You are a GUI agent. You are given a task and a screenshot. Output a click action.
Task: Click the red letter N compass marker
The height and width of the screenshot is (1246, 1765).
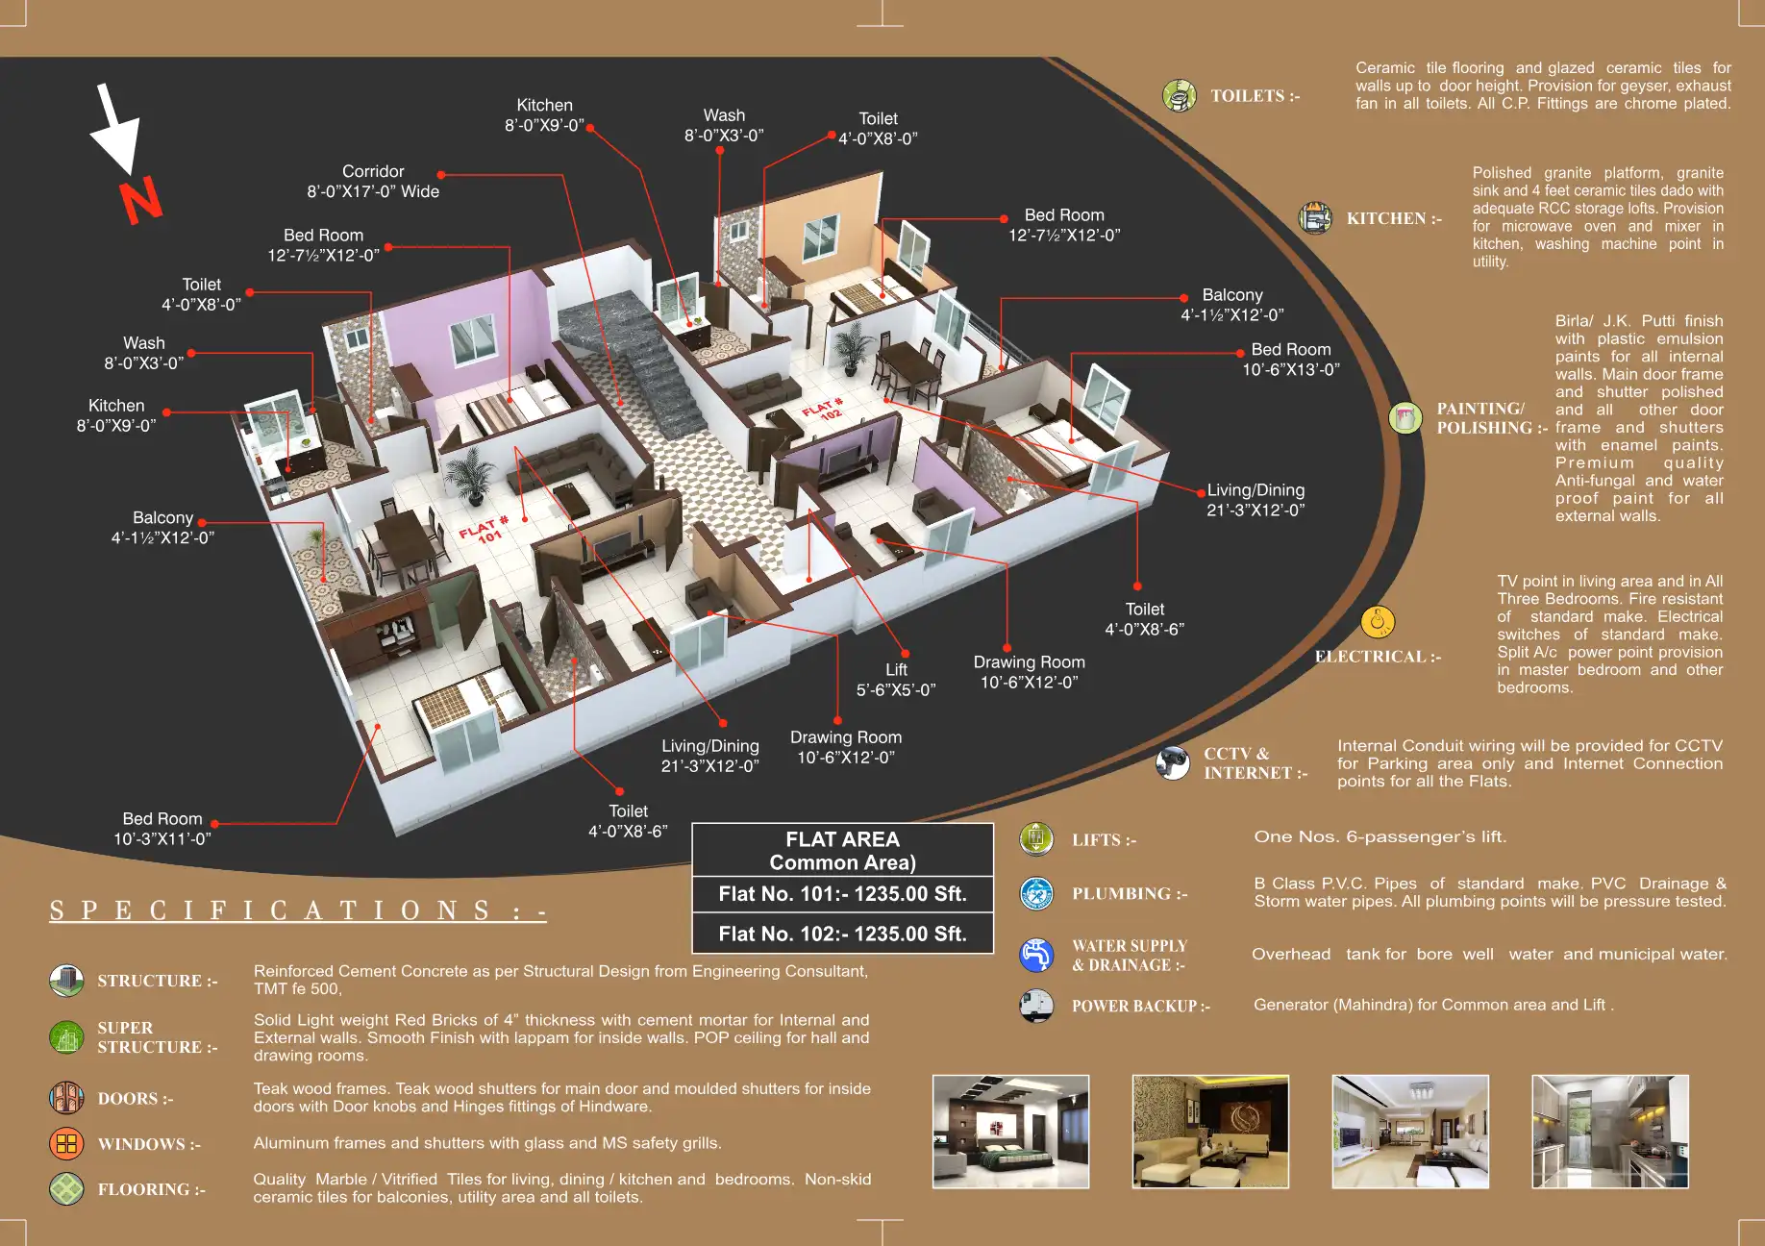pos(141,201)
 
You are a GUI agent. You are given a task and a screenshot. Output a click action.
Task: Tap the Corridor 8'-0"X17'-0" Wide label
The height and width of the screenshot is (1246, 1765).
pos(373,182)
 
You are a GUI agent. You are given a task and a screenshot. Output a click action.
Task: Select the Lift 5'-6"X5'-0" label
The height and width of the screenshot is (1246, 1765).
pos(896,680)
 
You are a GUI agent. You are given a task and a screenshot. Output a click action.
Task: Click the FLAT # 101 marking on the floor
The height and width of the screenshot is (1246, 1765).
pos(484,530)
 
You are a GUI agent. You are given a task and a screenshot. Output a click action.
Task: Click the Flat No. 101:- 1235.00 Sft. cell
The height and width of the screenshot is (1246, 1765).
pos(842,894)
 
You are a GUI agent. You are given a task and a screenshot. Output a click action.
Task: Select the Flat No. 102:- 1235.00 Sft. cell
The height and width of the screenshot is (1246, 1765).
pos(842,934)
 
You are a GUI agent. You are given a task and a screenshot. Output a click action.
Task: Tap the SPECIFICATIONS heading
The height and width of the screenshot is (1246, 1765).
pos(298,910)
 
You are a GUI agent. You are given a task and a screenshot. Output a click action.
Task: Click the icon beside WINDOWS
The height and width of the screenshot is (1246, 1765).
pos(66,1143)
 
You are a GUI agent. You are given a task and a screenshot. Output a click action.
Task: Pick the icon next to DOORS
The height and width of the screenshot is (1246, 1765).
pos(66,1098)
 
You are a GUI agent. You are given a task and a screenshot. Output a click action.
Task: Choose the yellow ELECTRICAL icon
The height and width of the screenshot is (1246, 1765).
pos(1378,623)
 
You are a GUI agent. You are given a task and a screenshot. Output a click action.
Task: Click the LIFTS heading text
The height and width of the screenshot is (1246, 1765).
pos(1104,840)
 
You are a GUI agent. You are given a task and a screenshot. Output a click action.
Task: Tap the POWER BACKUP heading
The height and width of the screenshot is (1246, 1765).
pos(1140,1006)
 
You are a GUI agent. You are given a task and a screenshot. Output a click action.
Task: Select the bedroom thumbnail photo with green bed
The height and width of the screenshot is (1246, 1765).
pos(1010,1132)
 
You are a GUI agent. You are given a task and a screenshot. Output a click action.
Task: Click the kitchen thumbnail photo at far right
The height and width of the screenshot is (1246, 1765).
pos(1609,1132)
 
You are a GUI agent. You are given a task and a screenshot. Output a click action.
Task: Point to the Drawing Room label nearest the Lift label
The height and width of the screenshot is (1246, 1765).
pos(846,747)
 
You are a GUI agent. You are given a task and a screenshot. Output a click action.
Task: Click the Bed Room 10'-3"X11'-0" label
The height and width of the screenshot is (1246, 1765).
pos(162,828)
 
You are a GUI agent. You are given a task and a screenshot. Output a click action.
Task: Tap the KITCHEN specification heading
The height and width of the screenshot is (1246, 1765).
pos(1393,218)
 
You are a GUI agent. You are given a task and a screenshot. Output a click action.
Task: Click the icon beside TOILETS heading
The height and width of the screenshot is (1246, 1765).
pos(1179,95)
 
